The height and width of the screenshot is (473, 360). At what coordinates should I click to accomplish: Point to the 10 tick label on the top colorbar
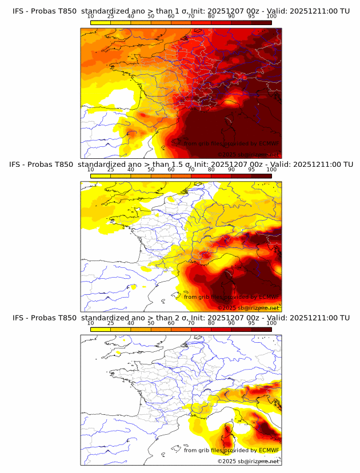coord(90,16)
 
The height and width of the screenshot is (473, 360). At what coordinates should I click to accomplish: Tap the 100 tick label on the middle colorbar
coord(271,170)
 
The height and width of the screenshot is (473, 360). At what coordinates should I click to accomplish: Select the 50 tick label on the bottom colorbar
coord(151,323)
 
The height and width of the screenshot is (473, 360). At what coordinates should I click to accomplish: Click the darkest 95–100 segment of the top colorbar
coord(261,22)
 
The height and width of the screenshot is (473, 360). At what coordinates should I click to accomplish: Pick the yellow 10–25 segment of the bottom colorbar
coord(101,330)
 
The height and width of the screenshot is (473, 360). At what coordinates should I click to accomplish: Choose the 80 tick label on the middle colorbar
coord(211,170)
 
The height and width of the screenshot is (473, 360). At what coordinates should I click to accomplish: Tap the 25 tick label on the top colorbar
coord(110,16)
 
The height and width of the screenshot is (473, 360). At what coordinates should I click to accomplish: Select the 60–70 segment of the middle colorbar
coord(181,176)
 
